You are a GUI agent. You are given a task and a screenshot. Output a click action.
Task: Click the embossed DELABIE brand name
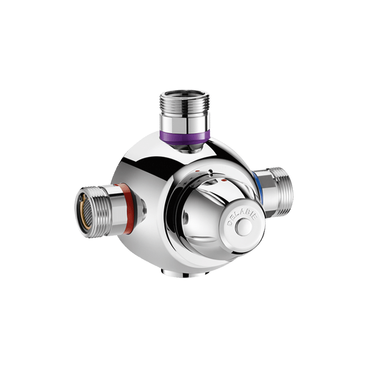[243, 217]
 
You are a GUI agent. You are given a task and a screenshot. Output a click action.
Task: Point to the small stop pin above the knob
[211, 172]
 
